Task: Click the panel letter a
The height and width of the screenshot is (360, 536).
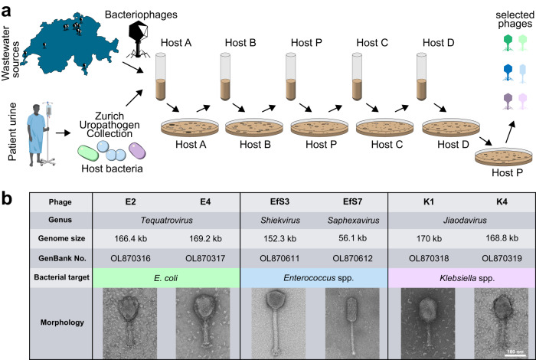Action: click(x=7, y=10)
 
